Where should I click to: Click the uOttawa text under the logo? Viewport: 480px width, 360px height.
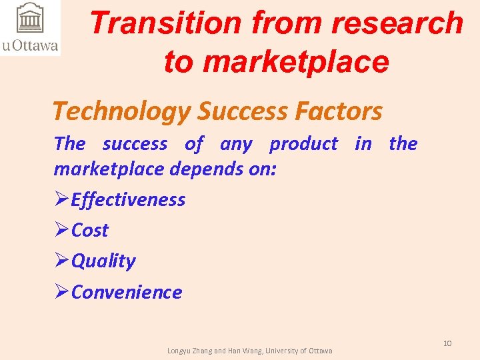pos(30,45)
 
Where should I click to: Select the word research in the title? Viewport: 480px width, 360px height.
pos(397,23)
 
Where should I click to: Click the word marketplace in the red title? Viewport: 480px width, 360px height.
pos(295,61)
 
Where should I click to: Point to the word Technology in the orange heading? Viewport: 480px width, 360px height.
pos(121,111)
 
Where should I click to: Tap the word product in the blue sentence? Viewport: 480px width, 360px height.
pos(303,143)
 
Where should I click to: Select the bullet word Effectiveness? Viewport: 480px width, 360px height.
pos(128,199)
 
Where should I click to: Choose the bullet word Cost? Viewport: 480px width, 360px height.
pos(89,230)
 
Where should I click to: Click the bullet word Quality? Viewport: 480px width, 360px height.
pos(103,261)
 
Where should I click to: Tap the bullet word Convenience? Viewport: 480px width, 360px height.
pos(126,292)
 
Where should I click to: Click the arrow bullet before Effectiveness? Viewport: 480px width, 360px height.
pos(61,199)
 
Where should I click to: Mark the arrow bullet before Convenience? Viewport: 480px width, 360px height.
pos(61,292)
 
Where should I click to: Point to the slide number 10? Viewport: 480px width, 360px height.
pos(447,343)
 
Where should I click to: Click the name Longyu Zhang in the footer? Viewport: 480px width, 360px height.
pos(189,351)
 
